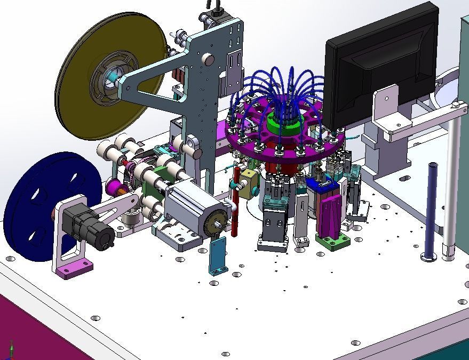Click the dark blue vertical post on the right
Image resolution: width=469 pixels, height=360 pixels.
430,211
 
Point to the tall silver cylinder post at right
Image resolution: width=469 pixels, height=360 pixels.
451,181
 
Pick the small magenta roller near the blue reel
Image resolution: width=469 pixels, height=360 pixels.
114,187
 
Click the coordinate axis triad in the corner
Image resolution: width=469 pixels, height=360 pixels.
12,350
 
